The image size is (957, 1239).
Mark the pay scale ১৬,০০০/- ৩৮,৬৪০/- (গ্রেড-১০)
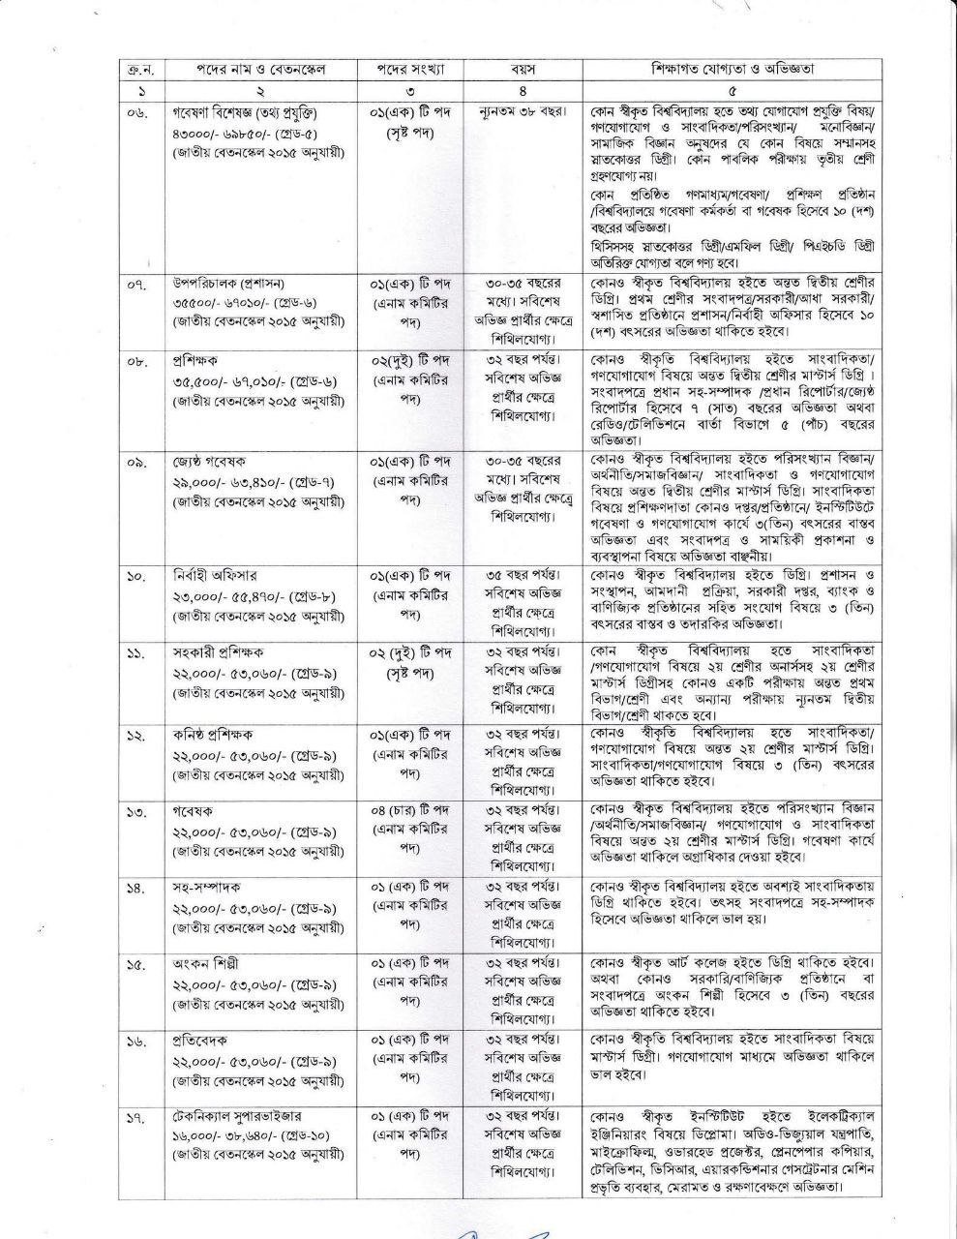pyautogui.click(x=257, y=1137)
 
